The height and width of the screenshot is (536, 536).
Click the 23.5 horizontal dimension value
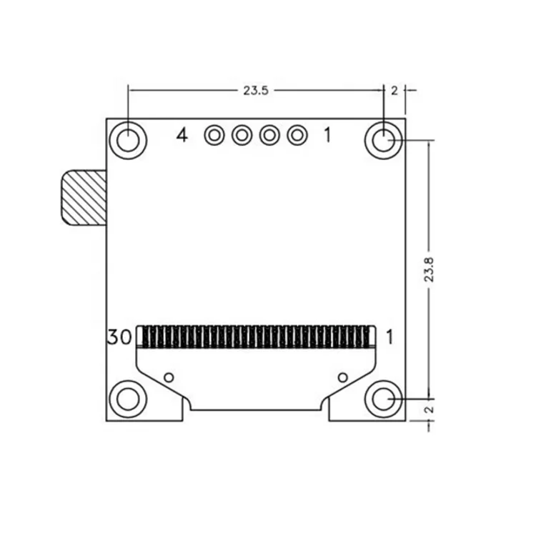(x=255, y=90)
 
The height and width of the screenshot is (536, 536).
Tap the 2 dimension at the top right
(x=394, y=90)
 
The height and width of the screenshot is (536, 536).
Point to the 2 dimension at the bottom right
(x=429, y=410)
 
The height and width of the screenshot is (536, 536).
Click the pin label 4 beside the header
(x=182, y=134)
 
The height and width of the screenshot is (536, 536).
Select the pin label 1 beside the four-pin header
(x=327, y=134)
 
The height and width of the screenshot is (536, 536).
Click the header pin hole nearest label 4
(x=213, y=134)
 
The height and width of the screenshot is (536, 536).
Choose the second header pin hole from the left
(x=241, y=134)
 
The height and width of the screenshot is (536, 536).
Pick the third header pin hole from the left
(x=269, y=134)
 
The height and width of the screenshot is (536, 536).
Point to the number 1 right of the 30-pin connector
(x=390, y=337)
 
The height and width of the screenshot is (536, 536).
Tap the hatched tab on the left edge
(x=81, y=197)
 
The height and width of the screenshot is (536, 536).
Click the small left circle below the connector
(x=169, y=377)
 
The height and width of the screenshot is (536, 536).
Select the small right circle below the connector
(x=343, y=377)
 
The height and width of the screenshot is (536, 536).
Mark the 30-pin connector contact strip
(x=256, y=337)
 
